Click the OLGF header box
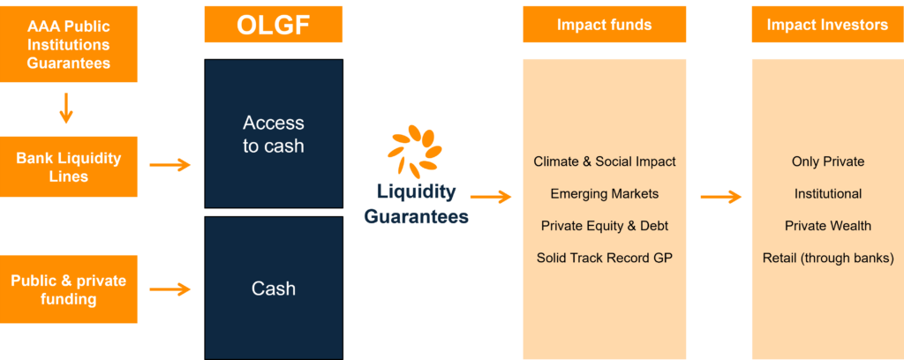tap(274, 24)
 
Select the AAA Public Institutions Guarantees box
tap(69, 44)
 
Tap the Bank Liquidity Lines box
tap(69, 167)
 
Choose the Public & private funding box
tap(69, 289)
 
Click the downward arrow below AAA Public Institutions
tap(67, 107)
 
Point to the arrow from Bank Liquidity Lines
tap(170, 165)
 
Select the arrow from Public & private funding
tap(170, 289)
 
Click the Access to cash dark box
tap(274, 133)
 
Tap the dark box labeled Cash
tap(274, 288)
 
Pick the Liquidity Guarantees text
tap(417, 204)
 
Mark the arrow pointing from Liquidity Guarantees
tap(491, 197)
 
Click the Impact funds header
tap(604, 24)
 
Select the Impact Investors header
tap(827, 24)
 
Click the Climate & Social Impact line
tap(604, 161)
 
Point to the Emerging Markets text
tap(604, 193)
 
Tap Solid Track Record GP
tap(604, 258)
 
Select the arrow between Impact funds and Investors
tap(720, 197)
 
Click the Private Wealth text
tap(827, 226)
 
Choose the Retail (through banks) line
tap(827, 258)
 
